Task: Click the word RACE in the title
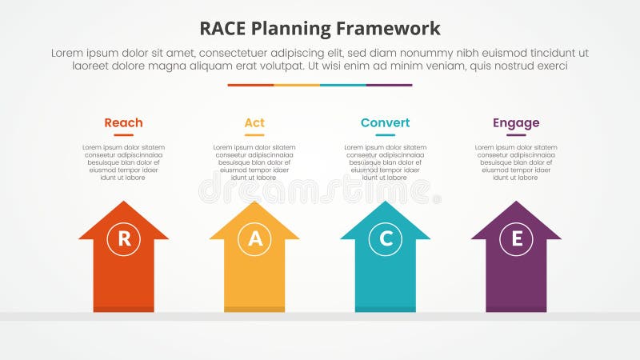(x=227, y=29)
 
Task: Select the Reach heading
(x=123, y=122)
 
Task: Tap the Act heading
(x=254, y=122)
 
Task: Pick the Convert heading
(x=385, y=122)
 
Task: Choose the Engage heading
(x=516, y=122)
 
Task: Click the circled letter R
(x=124, y=238)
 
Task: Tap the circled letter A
(x=254, y=238)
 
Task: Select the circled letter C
(x=385, y=238)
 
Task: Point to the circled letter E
(x=516, y=238)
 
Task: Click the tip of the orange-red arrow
(x=124, y=202)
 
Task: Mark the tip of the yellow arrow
(x=254, y=202)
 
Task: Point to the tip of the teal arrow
(x=385, y=202)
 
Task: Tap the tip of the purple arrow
(x=516, y=202)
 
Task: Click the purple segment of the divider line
(x=389, y=85)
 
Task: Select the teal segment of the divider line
(x=342, y=85)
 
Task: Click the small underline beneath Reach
(x=123, y=135)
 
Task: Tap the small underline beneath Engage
(x=516, y=135)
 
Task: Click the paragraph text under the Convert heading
(x=385, y=162)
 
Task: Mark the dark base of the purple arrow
(x=516, y=309)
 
